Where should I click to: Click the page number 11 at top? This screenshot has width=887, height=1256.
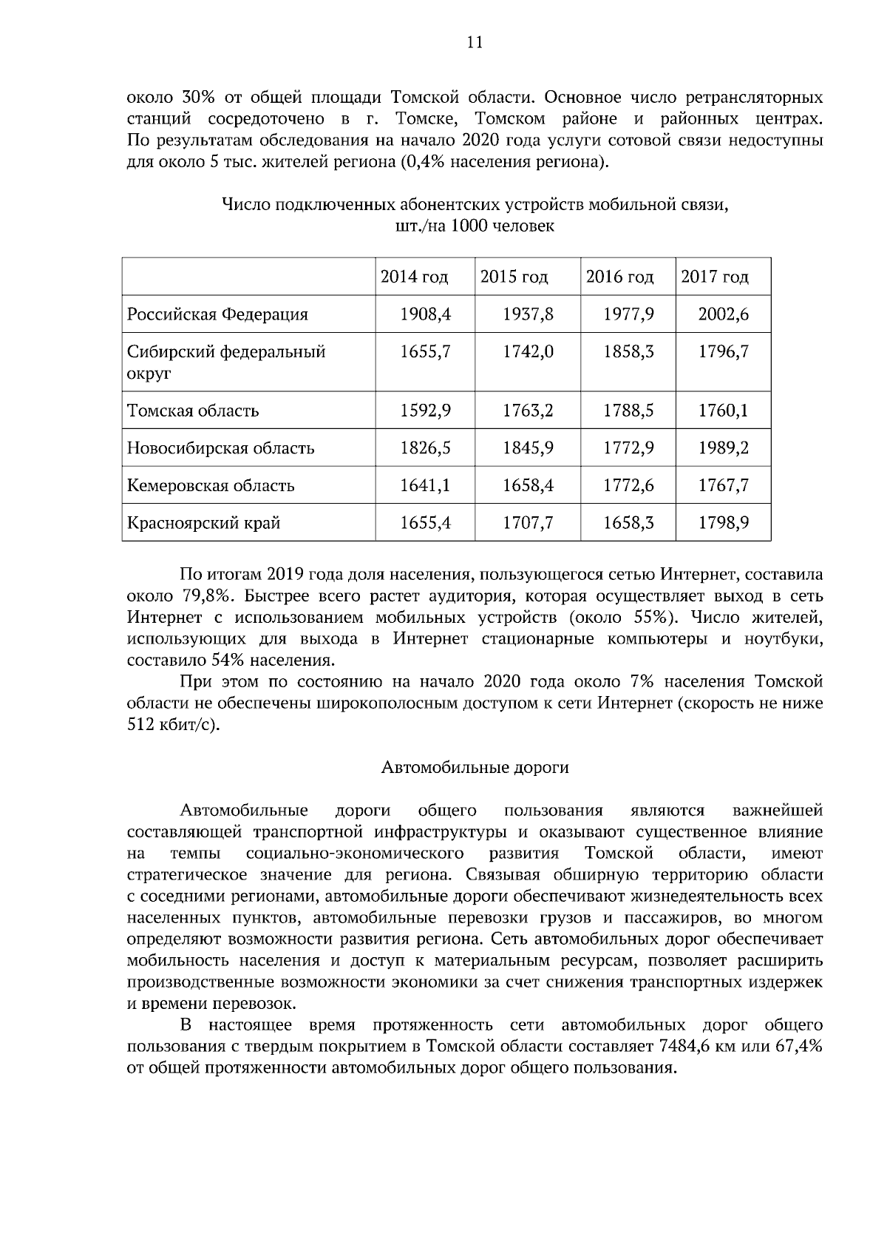(475, 42)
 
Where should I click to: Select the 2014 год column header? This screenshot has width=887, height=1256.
(414, 277)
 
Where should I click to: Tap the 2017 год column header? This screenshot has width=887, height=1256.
(714, 277)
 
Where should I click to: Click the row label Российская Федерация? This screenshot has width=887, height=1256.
(217, 314)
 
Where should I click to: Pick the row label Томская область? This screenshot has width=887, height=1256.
(193, 411)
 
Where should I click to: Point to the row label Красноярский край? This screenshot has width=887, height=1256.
(203, 524)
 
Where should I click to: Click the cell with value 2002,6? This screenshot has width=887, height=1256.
(723, 314)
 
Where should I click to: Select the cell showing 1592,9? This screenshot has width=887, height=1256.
(425, 411)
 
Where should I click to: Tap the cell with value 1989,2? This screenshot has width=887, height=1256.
(723, 448)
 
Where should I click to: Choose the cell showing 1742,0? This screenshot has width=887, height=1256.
(528, 352)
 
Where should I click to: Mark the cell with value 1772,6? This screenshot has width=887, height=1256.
(628, 486)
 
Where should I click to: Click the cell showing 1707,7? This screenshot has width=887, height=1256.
(528, 524)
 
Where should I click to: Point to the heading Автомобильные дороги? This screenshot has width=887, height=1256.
(475, 768)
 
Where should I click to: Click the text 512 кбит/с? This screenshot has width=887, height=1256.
(172, 725)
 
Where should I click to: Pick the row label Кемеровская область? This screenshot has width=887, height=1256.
(211, 486)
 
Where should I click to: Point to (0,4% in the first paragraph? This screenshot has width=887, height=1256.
(424, 162)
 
